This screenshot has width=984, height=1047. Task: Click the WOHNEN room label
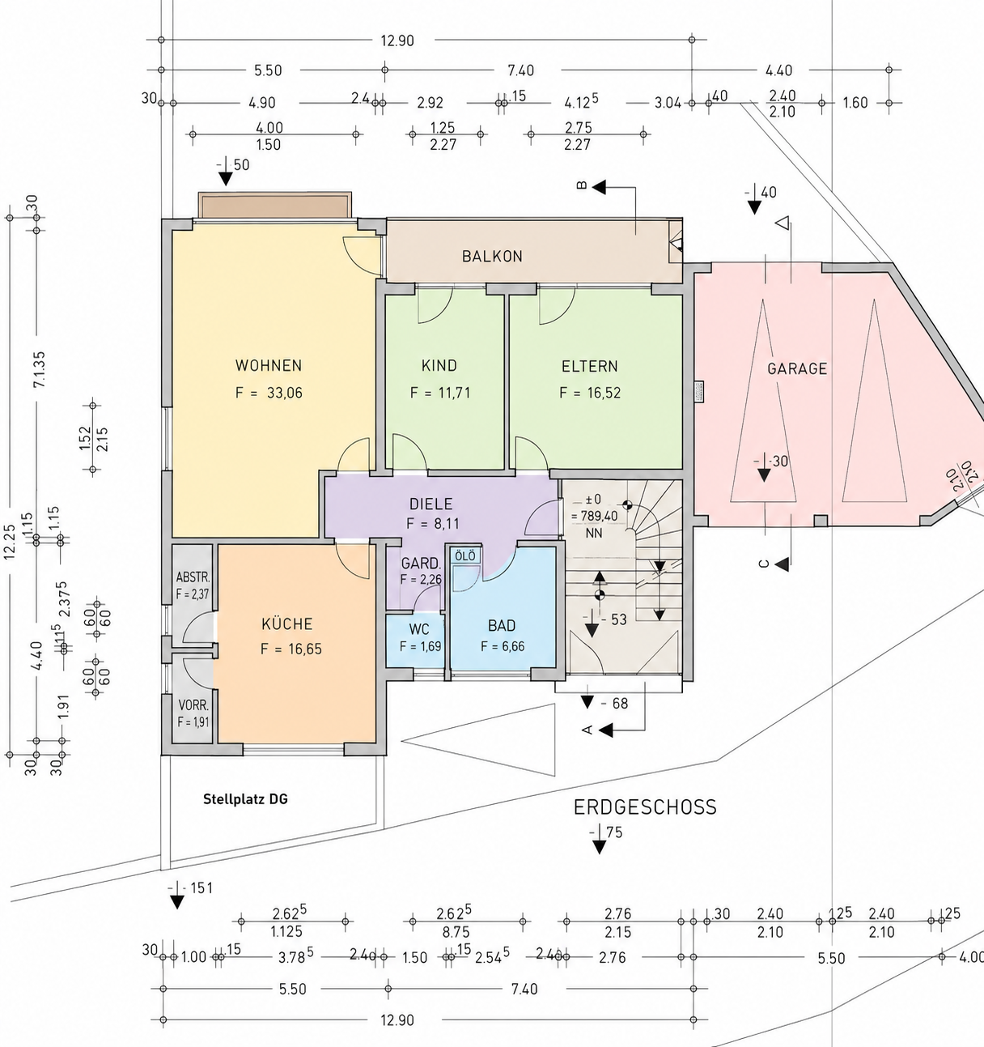[x=269, y=365]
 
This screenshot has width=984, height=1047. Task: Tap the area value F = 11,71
[x=440, y=393]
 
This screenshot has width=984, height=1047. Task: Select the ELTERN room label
[x=589, y=366]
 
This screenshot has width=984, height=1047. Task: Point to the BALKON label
[x=492, y=256]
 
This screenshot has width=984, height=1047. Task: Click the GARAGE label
[x=797, y=368]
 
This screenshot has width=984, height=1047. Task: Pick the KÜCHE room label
[x=287, y=624]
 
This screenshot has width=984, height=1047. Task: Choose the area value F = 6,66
[x=503, y=646]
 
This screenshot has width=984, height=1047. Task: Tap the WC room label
[x=419, y=629]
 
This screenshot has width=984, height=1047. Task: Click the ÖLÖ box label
[x=464, y=557]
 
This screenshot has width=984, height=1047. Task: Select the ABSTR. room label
[x=193, y=577]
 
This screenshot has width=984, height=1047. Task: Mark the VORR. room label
[x=193, y=705]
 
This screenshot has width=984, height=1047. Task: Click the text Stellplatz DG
[x=246, y=799]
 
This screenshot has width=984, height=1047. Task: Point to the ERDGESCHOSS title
[x=645, y=807]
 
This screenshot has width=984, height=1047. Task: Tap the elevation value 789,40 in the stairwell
[x=600, y=516]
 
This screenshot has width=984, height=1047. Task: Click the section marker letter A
[x=587, y=730]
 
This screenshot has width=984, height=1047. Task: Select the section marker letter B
[x=582, y=185]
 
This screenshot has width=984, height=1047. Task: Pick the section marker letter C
[x=764, y=564]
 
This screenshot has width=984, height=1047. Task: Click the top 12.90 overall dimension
[x=397, y=40]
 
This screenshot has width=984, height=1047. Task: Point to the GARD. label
[x=421, y=563]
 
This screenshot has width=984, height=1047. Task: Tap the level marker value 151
[x=201, y=888]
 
